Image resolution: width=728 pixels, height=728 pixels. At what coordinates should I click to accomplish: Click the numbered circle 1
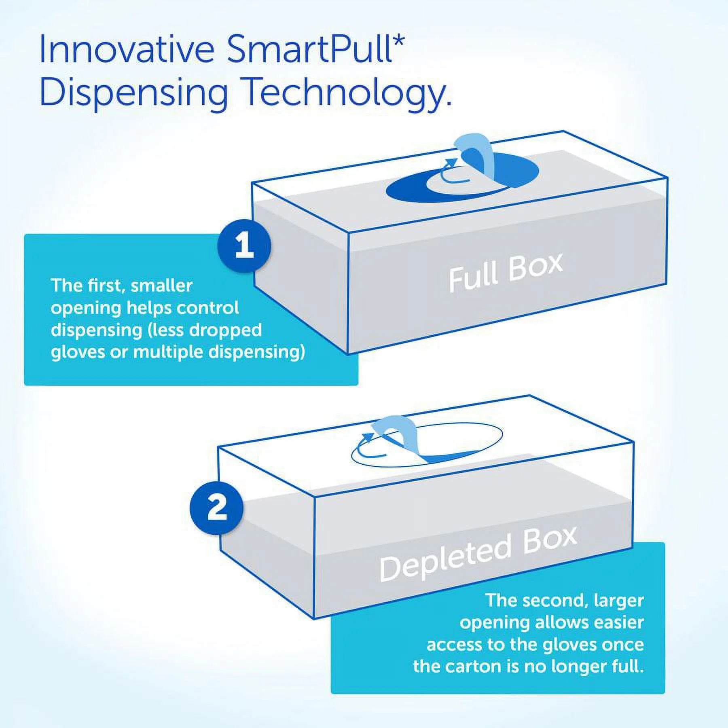point(244,245)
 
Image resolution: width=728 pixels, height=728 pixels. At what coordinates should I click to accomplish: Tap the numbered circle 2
point(216,508)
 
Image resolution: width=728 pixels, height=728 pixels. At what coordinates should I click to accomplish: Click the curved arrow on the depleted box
point(366,445)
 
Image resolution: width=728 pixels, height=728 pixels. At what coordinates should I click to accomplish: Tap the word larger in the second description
point(618,601)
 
